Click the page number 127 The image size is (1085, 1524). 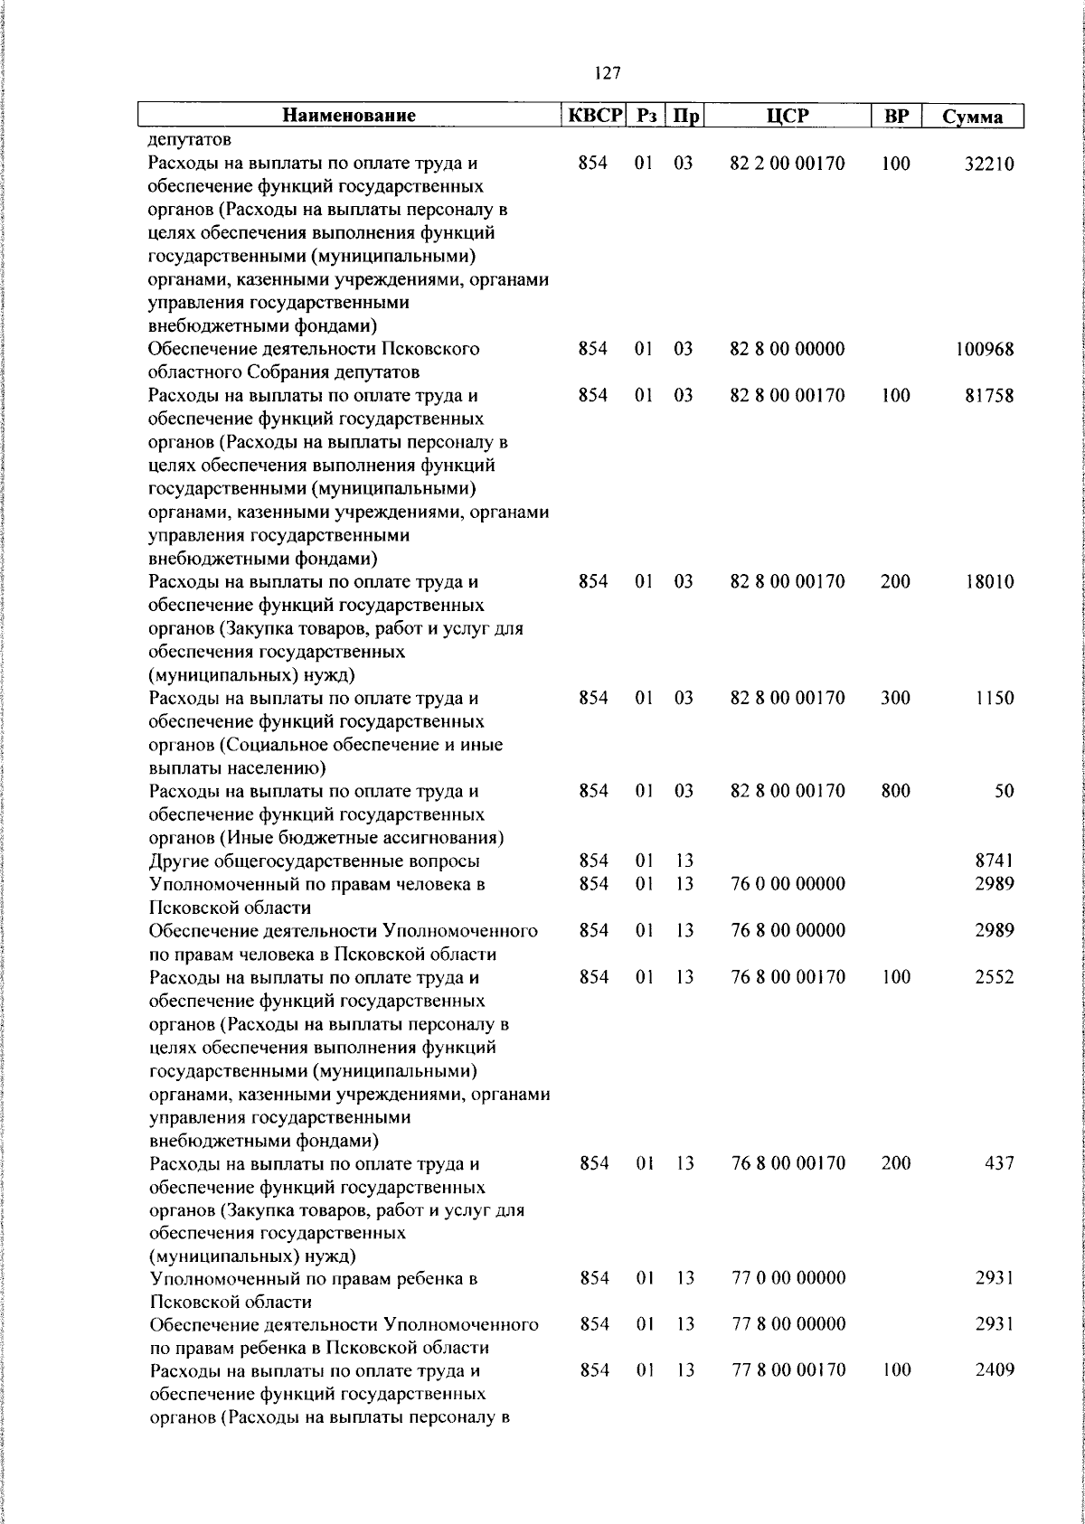point(608,72)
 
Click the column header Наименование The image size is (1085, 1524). point(349,116)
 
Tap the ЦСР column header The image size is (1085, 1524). point(787,116)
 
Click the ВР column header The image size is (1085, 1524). point(895,116)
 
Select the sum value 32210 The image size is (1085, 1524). point(989,164)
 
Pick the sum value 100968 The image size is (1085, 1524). point(985,349)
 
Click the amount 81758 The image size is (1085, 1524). point(989,395)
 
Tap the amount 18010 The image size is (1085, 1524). point(989,581)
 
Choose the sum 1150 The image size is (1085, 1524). point(994,698)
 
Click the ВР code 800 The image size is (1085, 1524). point(895,791)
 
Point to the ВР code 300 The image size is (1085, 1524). point(895,698)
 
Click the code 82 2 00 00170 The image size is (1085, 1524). point(787,164)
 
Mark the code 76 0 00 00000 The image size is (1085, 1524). point(787,884)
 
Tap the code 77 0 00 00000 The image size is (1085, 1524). point(788,1278)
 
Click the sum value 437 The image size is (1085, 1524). point(999,1162)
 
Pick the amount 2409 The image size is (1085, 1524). point(995,1370)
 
